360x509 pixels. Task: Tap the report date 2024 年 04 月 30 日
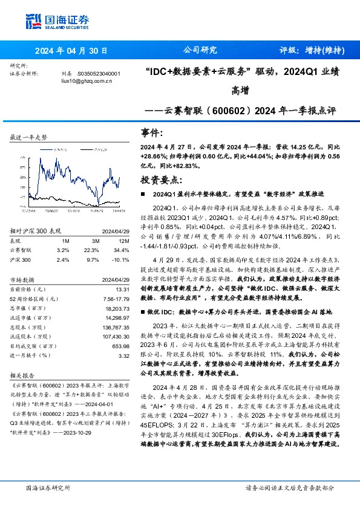pyautogui.click(x=71, y=50)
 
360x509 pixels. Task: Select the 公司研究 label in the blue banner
pyautogui.click(x=200, y=50)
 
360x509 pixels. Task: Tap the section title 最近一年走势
pyautogui.click(x=29, y=138)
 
